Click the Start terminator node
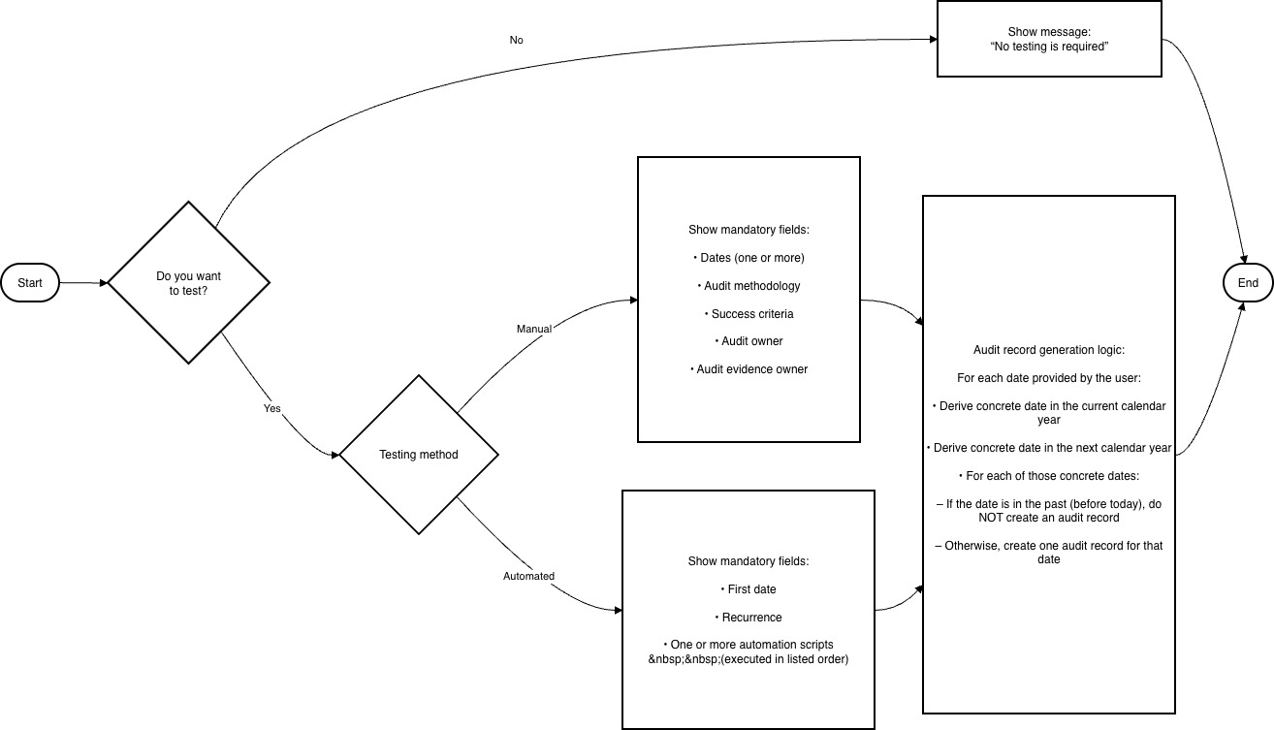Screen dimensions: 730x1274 click(x=30, y=283)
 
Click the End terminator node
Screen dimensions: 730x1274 click(x=1248, y=283)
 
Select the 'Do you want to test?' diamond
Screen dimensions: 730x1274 click(x=188, y=283)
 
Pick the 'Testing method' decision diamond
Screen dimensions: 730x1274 click(x=418, y=455)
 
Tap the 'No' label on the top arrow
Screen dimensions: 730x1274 click(x=516, y=41)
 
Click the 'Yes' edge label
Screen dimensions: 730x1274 click(x=272, y=408)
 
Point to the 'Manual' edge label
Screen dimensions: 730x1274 click(x=533, y=329)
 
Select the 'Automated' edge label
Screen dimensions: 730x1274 click(x=528, y=576)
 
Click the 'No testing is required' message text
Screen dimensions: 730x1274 click(x=1049, y=47)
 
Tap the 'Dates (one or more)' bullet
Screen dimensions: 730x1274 click(x=748, y=258)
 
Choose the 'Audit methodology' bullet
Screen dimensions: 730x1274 click(x=748, y=286)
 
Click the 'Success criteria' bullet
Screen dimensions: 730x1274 click(x=748, y=314)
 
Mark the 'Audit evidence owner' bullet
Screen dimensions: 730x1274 click(x=748, y=369)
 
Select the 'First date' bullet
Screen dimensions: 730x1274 click(x=748, y=589)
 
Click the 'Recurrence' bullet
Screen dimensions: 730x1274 click(x=748, y=618)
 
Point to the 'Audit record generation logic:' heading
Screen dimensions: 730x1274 click(x=1048, y=350)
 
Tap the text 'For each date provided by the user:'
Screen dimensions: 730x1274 click(x=1048, y=378)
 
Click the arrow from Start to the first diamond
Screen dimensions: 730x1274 click(x=83, y=283)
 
